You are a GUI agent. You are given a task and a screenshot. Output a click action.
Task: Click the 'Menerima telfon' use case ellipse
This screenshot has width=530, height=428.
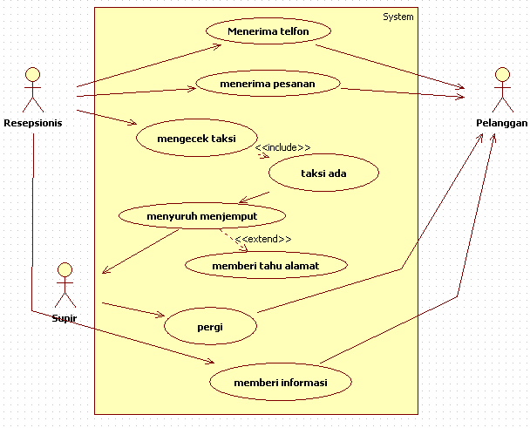268,31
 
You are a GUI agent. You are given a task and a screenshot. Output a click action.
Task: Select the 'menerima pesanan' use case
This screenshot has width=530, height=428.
268,84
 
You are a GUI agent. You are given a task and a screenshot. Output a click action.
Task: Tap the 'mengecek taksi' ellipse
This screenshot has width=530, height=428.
197,138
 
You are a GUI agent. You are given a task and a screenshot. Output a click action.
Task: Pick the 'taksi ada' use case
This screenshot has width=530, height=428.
323,173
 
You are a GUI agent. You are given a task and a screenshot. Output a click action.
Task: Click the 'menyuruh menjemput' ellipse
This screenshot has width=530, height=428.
202,215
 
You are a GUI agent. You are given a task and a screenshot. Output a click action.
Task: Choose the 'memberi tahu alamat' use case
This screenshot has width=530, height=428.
266,265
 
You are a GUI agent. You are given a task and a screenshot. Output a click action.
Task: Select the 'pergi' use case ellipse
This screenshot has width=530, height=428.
210,326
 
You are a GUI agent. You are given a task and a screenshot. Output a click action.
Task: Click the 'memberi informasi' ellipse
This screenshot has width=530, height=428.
281,382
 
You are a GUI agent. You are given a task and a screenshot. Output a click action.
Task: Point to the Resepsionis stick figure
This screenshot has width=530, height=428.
33,90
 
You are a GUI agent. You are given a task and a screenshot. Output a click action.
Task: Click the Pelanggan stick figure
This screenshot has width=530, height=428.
503,90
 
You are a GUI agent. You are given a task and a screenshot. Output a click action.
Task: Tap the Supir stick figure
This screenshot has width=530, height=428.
65,285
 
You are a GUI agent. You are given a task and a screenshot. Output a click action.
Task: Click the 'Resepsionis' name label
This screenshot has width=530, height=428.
33,123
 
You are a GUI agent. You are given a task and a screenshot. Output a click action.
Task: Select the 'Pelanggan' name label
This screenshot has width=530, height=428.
501,123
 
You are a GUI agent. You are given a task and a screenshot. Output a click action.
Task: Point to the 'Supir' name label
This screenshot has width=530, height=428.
65,318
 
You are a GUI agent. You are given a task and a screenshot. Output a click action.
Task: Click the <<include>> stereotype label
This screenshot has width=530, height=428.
282,147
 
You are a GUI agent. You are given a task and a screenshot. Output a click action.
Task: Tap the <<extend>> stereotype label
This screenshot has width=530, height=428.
263,239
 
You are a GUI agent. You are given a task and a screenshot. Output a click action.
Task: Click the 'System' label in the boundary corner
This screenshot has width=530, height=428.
398,17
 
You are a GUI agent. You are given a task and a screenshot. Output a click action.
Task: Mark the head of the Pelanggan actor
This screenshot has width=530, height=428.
503,74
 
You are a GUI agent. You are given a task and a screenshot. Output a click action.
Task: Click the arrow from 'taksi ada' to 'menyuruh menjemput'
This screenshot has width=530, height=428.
254,197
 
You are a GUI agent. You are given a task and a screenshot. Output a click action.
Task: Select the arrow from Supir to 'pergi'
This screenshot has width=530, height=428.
133,309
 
